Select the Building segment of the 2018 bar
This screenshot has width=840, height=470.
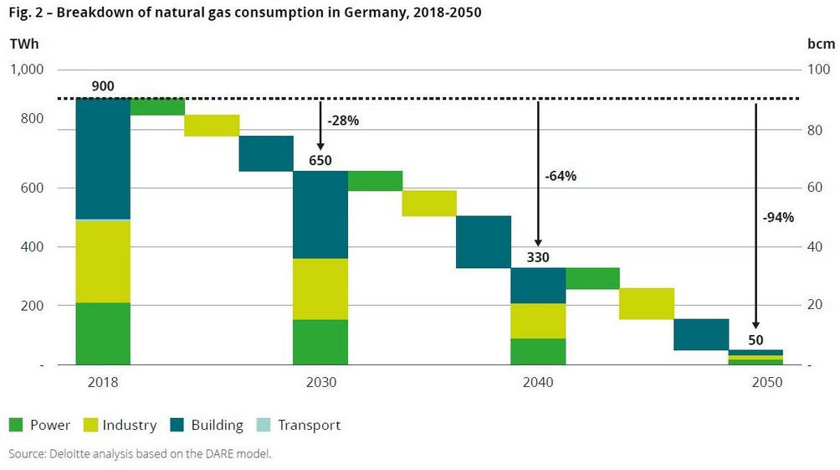103,158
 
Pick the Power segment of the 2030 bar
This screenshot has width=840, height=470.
320,342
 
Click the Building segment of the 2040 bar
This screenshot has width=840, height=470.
538,286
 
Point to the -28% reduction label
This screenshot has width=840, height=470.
343,121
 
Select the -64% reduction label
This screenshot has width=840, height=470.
561,177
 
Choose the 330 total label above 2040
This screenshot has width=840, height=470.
538,257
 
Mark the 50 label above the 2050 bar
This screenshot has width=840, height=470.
755,339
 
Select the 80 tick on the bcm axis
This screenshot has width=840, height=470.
810,130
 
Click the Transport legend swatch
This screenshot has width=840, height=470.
265,425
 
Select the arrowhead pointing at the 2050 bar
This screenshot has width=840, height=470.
755,327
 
